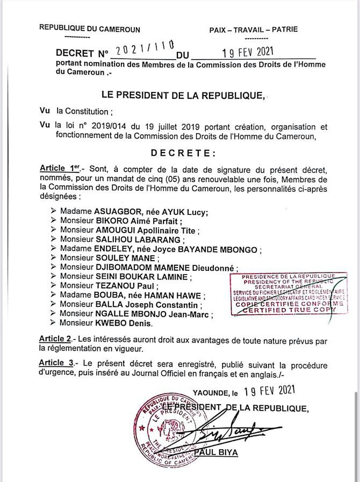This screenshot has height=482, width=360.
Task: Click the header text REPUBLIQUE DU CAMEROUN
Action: [90, 29]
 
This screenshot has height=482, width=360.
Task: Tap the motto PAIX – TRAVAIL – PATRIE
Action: [253, 30]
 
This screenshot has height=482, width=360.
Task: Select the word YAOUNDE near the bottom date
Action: [212, 394]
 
